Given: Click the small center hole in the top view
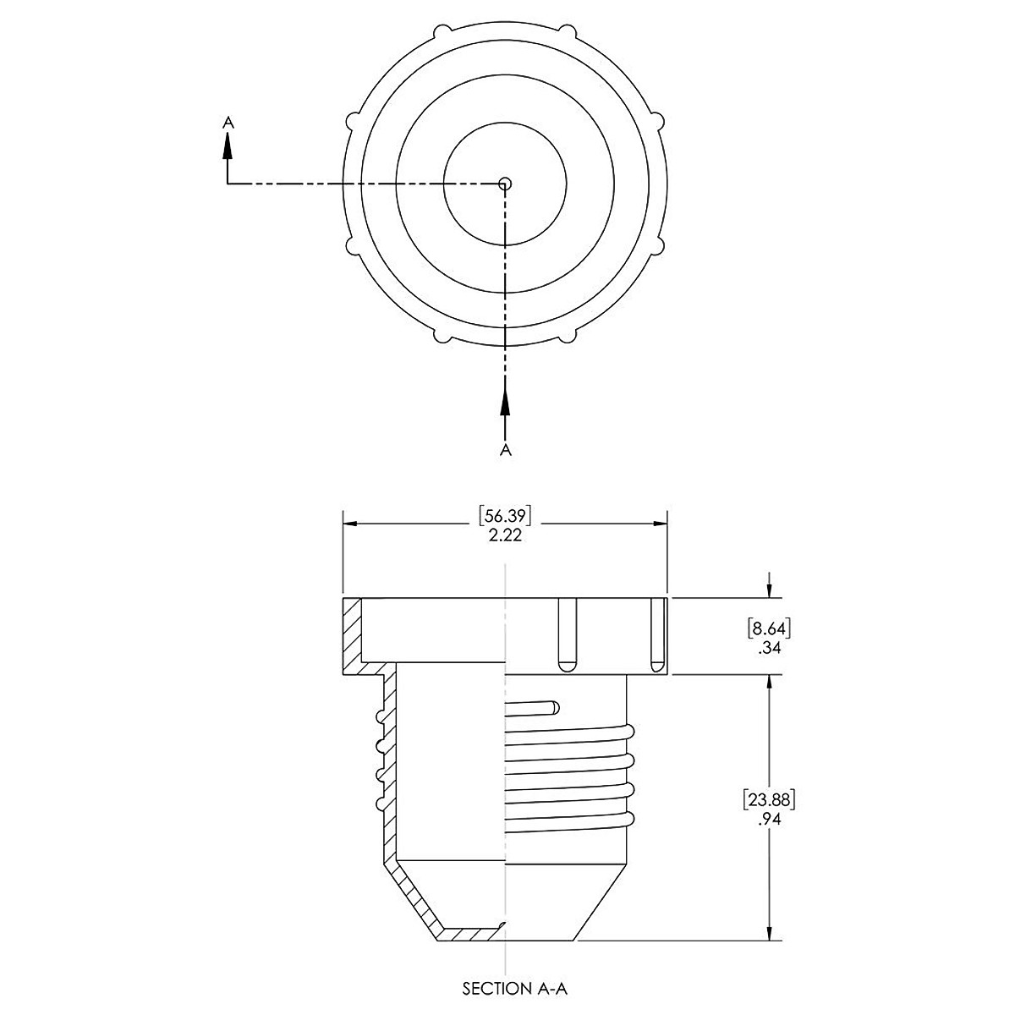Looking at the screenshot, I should pos(505,183).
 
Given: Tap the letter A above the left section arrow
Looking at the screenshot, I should pos(227,123).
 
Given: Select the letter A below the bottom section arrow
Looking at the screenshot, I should pos(506,449).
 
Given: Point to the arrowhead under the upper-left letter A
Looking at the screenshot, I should pos(227,145).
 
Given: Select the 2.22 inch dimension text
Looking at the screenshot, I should pos(505,535).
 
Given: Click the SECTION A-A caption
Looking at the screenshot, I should pos(519,988).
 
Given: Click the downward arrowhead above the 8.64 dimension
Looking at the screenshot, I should pos(769,589).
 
